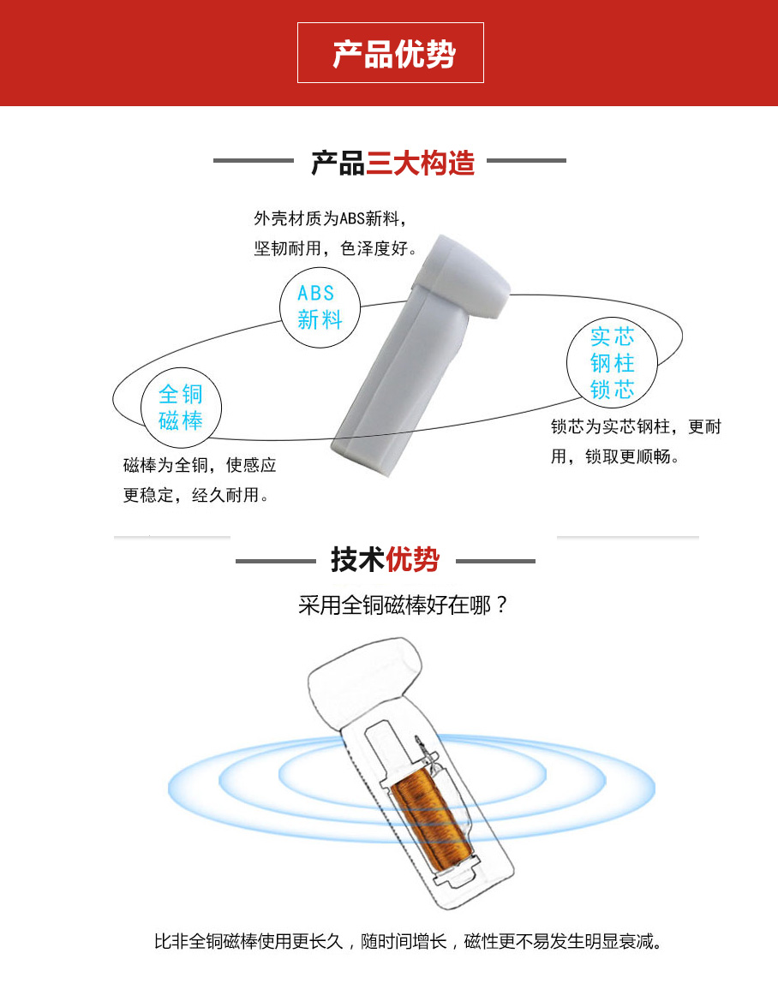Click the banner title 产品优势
tap(394, 54)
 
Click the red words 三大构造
tap(420, 164)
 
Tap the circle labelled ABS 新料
tap(320, 307)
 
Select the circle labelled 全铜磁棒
tap(181, 408)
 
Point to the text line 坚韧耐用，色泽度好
tap(336, 248)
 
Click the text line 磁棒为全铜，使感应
tap(200, 465)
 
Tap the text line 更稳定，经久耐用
tap(196, 495)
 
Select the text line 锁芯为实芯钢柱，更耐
tap(636, 426)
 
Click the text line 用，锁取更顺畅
tap(615, 456)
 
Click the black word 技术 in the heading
tap(357, 559)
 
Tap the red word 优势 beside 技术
tap(412, 559)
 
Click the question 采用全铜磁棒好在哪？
tap(403, 605)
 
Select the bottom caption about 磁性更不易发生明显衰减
tap(408, 942)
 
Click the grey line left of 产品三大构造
tap(254, 161)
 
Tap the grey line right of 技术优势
tap(495, 561)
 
